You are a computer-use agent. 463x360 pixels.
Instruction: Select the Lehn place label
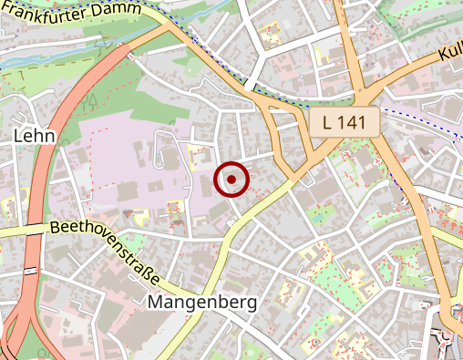tap(35, 136)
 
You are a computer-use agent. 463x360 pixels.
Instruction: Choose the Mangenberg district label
tap(201, 301)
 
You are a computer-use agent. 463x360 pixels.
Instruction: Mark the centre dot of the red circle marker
tap(231, 180)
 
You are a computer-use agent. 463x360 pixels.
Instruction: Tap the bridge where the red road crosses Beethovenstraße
tap(34, 232)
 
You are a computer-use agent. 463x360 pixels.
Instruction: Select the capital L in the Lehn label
tap(18, 136)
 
